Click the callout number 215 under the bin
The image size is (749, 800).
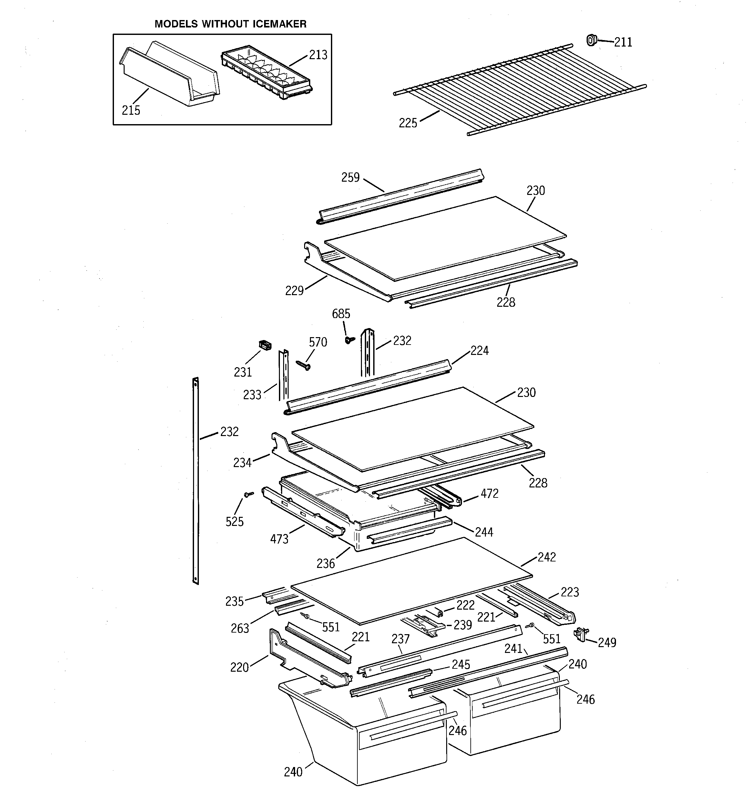[x=131, y=110]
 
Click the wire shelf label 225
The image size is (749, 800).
[x=408, y=123]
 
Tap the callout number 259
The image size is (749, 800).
[x=351, y=177]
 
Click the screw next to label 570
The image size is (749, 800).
[x=303, y=365]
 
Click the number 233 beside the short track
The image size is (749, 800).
[x=252, y=395]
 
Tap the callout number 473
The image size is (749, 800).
[x=279, y=539]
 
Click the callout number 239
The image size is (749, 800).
[x=463, y=624]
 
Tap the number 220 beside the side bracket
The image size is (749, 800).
[x=240, y=667]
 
